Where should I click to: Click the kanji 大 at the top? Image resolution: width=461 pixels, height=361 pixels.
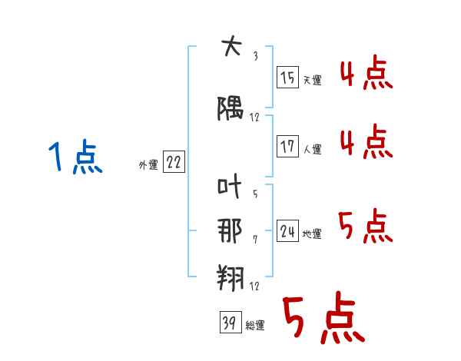(231, 48)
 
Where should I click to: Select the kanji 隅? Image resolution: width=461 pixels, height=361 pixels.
(231, 111)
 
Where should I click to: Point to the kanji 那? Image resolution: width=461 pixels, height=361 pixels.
(231, 230)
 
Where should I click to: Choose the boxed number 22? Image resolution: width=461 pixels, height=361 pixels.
(174, 163)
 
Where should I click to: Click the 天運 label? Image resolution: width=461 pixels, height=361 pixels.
(312, 81)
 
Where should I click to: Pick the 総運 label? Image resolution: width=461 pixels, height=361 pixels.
(254, 326)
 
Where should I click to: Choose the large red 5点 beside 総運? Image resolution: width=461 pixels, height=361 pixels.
(322, 320)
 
